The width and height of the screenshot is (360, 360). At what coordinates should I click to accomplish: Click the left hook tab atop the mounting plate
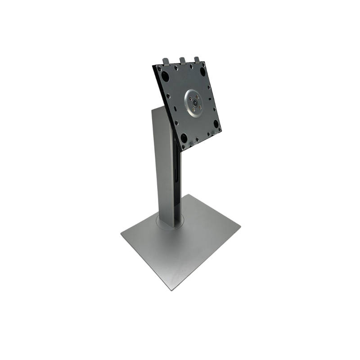click(166, 61)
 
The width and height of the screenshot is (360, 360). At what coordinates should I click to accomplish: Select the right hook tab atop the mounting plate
click(197, 59)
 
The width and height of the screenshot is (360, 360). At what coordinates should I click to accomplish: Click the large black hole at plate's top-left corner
click(165, 76)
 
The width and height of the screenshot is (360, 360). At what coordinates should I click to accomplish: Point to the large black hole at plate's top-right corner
click(202, 71)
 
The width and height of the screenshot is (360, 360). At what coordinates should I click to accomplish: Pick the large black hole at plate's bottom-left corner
click(184, 138)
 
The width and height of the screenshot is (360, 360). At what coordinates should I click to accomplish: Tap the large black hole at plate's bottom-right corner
click(216, 123)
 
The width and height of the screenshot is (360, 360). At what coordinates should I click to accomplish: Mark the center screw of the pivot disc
click(195, 103)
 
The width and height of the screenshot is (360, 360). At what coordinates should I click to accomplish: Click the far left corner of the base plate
click(121, 233)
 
